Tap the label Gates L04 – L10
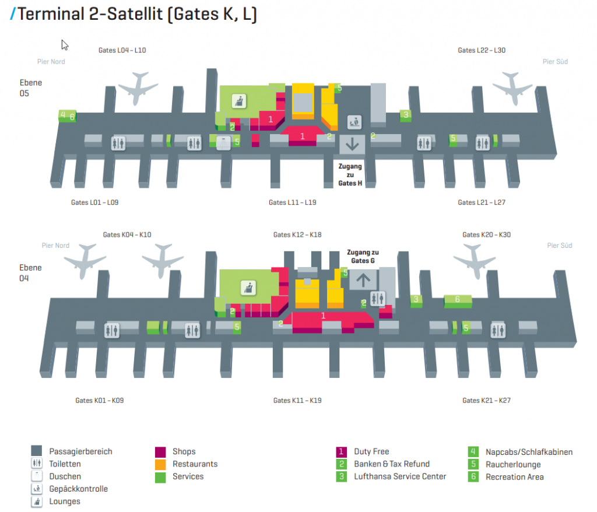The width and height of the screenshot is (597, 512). coord(122,50)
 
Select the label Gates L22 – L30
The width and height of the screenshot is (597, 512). coord(481,50)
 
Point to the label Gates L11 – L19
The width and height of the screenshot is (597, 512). coord(292,202)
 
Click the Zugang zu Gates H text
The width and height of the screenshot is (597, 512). coord(350,174)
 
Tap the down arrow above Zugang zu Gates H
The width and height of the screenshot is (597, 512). coord(352,142)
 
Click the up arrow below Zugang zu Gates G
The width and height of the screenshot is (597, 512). coord(363,279)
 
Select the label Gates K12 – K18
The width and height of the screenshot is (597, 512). coord(297,235)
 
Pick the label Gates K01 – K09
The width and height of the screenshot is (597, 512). coord(99,401)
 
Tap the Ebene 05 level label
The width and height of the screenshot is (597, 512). coord(31,88)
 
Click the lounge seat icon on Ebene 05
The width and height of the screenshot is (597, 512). coord(237,100)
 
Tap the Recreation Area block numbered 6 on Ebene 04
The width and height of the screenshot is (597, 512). coord(458,300)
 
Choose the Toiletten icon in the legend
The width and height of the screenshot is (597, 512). coord(37,464)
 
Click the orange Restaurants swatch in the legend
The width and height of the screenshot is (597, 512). coord(160,464)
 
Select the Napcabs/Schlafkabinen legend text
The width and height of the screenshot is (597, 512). coord(529,452)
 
